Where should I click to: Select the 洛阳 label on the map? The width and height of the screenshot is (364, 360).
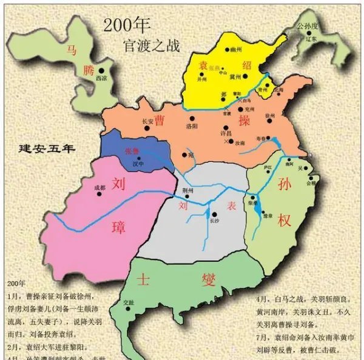click(192, 125)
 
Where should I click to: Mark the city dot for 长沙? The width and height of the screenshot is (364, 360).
click(212, 215)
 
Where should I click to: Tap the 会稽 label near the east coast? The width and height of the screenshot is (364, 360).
click(312, 182)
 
